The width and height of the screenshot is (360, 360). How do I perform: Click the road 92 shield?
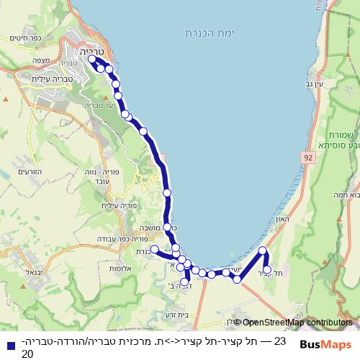point(309,156)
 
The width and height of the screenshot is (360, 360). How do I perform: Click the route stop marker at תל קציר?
point(267,270)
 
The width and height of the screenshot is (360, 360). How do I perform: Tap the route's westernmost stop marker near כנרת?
point(154,248)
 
